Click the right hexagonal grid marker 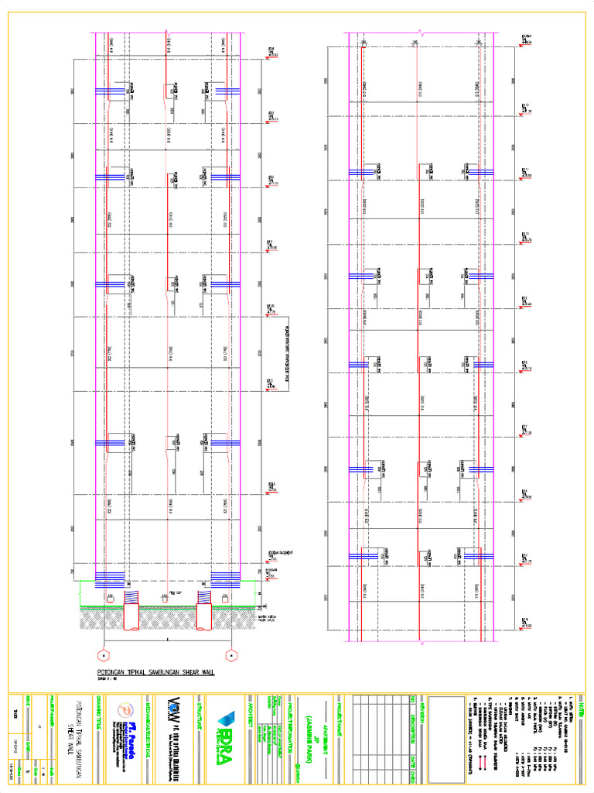tap(230, 656)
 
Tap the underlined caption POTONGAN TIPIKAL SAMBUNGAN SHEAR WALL tap(155, 672)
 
